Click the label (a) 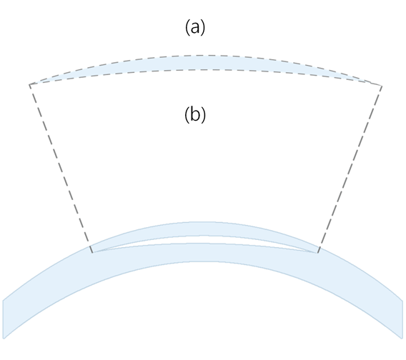[x=195, y=27]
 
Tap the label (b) [x=195, y=114]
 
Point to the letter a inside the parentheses [x=195, y=28]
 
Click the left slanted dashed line [x=61, y=169]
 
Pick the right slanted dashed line [x=350, y=169]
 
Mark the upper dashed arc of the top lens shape [x=204, y=55]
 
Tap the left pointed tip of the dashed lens [x=29, y=84]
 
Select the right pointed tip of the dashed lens [x=382, y=86]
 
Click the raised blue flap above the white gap [x=204, y=229]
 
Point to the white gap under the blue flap [x=204, y=239]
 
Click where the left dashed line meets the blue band [x=91, y=246]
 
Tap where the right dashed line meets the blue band [x=319, y=247]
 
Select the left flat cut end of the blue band [x=4, y=319]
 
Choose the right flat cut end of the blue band [x=402, y=319]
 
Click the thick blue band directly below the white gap [x=204, y=253]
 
